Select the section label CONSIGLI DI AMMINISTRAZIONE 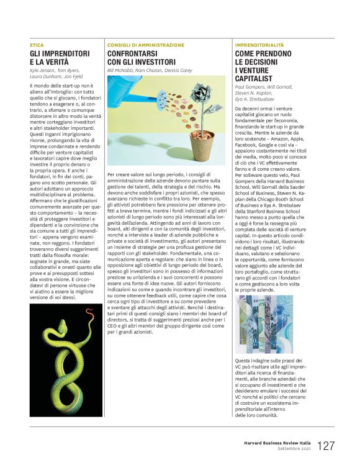(x=146, y=45)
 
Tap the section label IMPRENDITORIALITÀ (x=262, y=45)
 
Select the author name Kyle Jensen (x=42, y=72)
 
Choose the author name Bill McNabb (x=120, y=71)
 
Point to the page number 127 (x=326, y=446)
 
